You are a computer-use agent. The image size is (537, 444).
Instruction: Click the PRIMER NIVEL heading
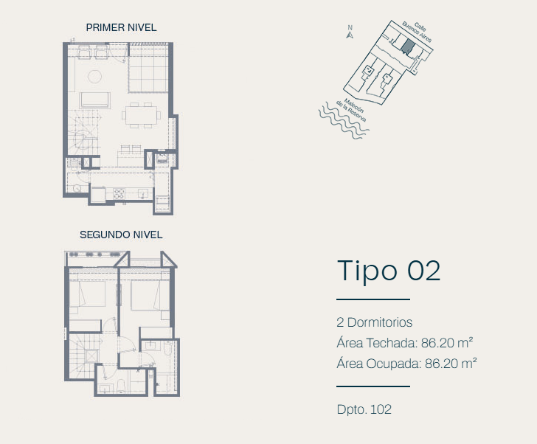(x=121, y=27)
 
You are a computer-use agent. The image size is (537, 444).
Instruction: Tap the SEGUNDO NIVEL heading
(x=121, y=235)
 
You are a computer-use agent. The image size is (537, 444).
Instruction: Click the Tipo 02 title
(x=389, y=271)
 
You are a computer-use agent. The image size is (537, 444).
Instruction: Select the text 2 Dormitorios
(x=374, y=322)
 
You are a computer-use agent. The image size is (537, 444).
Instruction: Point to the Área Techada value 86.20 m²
(x=447, y=343)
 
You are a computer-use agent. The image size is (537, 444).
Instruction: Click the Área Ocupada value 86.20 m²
(x=451, y=364)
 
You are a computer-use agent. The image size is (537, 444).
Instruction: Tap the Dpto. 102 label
(x=364, y=409)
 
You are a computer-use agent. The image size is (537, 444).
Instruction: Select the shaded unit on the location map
(x=407, y=46)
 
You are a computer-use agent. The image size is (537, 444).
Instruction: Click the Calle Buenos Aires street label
(x=418, y=32)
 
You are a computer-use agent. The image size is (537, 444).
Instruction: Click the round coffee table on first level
(x=95, y=77)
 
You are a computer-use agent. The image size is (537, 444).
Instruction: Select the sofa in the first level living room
(x=95, y=100)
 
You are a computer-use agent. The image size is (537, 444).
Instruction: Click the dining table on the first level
(x=141, y=115)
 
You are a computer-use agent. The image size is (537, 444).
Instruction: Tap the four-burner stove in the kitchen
(x=119, y=194)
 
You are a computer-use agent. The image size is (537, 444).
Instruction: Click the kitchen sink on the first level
(x=144, y=194)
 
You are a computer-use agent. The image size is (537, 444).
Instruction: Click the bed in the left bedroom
(x=87, y=294)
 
